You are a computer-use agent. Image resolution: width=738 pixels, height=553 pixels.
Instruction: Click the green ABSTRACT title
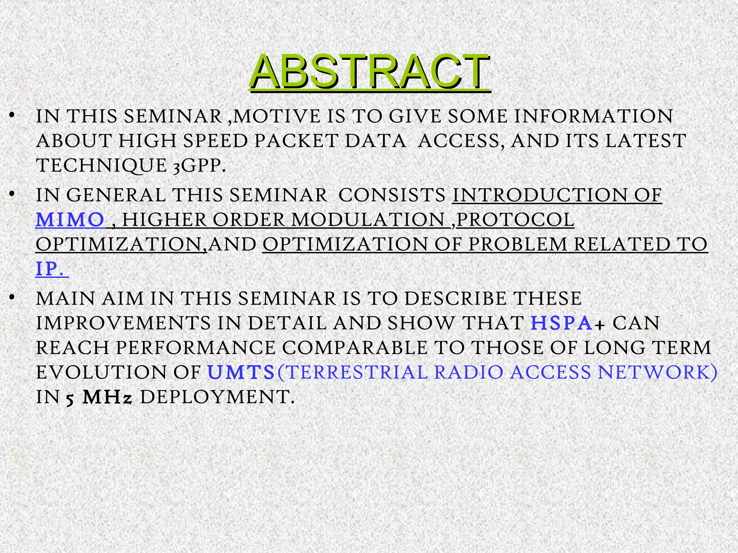[x=369, y=71]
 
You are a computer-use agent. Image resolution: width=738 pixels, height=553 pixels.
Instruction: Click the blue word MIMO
[x=70, y=220]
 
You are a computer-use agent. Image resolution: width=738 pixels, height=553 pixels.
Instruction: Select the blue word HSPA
[x=561, y=323]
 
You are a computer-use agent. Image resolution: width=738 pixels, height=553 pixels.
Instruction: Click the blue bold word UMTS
[x=241, y=372]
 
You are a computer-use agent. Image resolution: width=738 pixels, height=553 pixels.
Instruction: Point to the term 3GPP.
[x=199, y=166]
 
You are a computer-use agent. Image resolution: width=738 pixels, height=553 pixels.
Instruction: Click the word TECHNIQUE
[x=101, y=166]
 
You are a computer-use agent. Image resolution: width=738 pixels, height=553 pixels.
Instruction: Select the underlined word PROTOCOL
[x=515, y=220]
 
